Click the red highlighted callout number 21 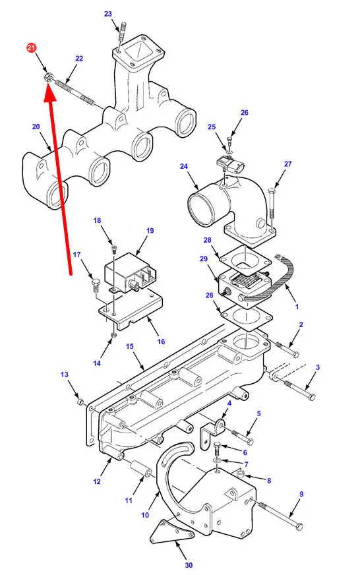(32, 47)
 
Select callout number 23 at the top (107, 14)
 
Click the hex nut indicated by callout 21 (48, 77)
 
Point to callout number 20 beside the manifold (36, 127)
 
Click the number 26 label (245, 113)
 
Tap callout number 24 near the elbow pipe (184, 166)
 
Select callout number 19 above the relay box (150, 231)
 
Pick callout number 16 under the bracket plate (162, 342)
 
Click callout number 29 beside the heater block (204, 259)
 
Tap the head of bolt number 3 (311, 397)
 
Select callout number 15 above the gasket (130, 347)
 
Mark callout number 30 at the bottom (189, 565)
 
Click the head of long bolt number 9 (299, 526)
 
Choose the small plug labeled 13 (80, 403)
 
